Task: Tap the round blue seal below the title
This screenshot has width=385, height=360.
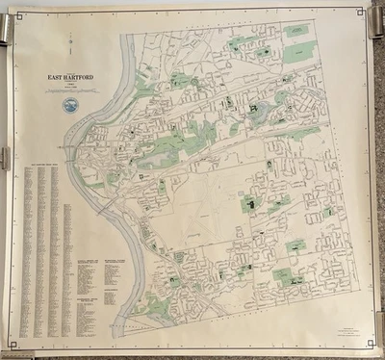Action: point(69,105)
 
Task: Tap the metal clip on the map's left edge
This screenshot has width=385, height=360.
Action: point(4,158)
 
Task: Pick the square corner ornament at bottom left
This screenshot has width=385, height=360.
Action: point(22,342)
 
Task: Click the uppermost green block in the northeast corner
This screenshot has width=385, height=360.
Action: point(296,31)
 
